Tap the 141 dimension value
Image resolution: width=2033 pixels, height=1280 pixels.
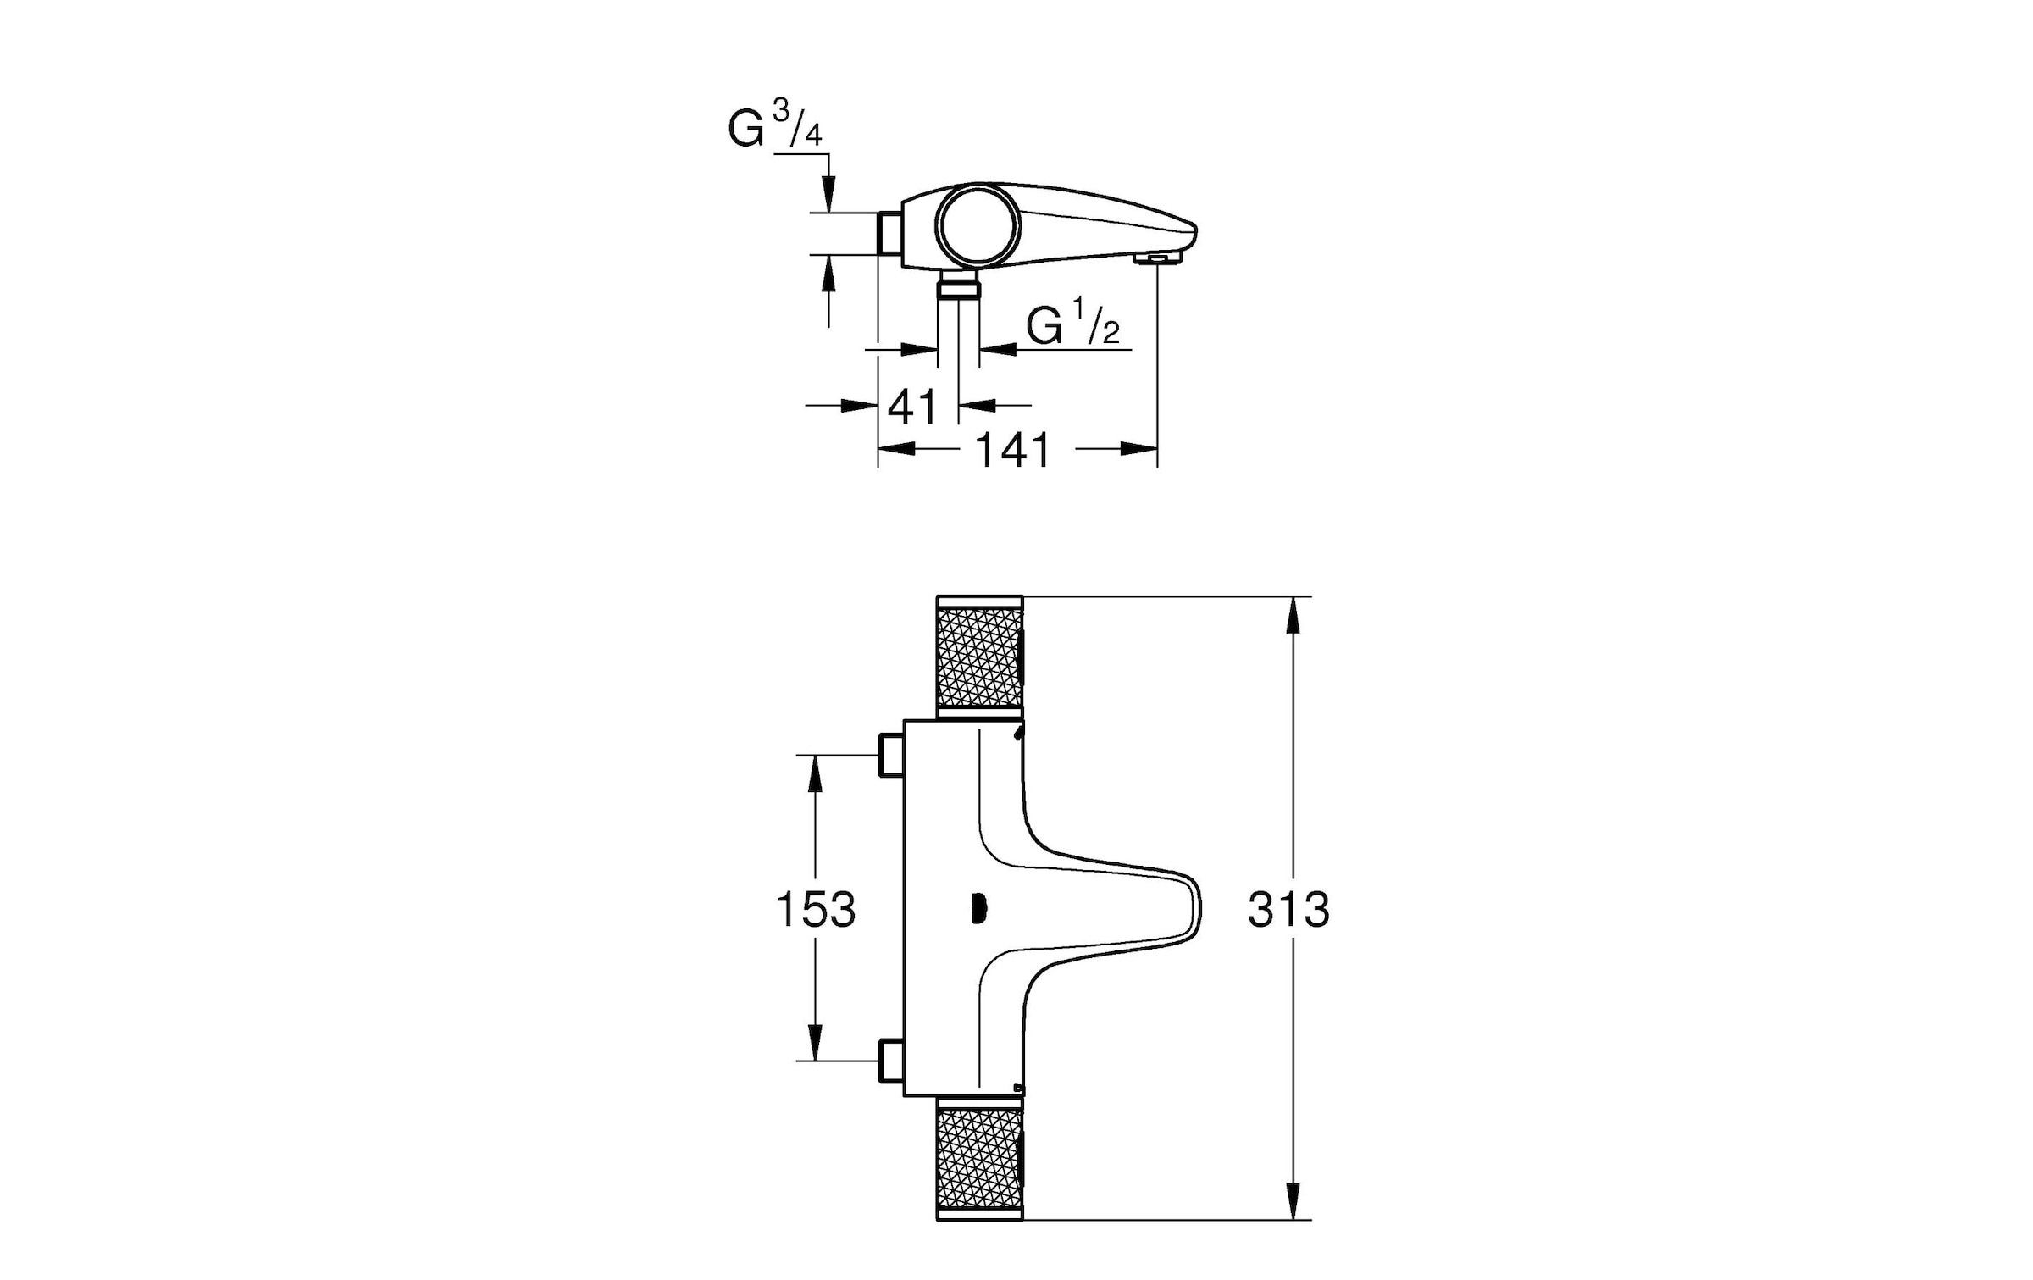pos(1013,450)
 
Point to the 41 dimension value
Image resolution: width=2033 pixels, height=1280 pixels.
pos(912,407)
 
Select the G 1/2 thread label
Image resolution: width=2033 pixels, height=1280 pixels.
pos(1072,324)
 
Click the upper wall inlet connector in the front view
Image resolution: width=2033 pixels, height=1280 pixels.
pos(890,754)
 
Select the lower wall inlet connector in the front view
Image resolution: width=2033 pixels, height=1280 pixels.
pos(890,1060)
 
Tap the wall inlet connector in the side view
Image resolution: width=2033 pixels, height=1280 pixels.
pos(889,233)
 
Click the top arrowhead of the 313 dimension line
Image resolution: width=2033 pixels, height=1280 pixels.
pos(1293,615)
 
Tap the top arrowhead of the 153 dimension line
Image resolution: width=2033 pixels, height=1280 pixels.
pos(815,772)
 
